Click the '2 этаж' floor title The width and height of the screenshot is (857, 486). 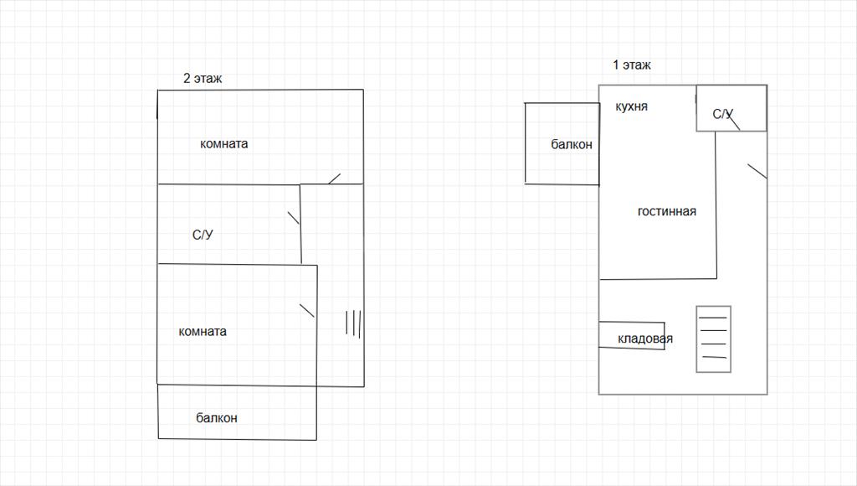[x=203, y=79]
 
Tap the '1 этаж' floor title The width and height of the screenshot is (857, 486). [x=632, y=65]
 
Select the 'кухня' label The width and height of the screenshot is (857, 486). [x=631, y=106]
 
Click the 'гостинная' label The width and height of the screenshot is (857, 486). [x=666, y=211]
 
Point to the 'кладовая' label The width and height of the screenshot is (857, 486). [x=644, y=339]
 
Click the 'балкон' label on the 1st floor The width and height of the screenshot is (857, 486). [x=571, y=144]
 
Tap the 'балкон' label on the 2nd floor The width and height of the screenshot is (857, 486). [x=217, y=417]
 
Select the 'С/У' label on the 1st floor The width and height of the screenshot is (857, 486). [x=722, y=114]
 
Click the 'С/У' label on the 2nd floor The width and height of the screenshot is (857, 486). [x=203, y=235]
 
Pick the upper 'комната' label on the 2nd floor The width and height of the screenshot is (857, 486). [x=223, y=143]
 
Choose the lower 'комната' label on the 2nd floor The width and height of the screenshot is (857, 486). [x=203, y=331]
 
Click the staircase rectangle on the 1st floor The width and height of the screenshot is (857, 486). [x=713, y=339]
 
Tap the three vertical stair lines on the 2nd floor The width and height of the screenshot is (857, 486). [x=353, y=323]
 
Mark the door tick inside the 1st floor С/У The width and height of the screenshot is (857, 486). [x=733, y=121]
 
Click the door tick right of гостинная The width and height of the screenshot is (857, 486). [x=757, y=171]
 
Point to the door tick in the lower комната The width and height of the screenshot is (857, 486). [x=306, y=310]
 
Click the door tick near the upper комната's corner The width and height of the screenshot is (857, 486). [x=334, y=178]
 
